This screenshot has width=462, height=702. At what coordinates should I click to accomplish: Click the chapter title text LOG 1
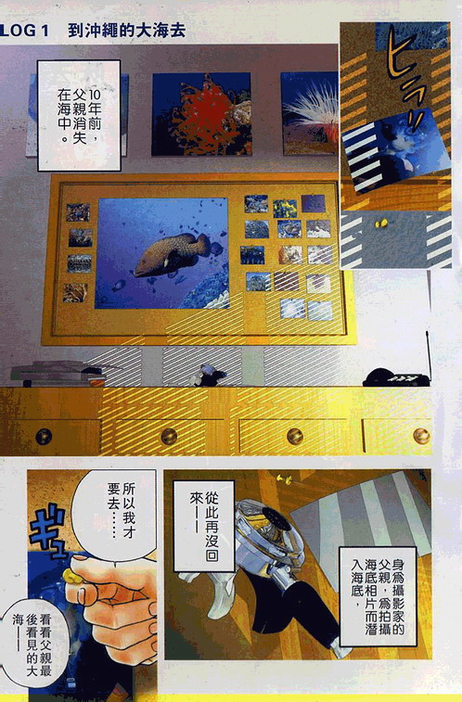[x=25, y=31]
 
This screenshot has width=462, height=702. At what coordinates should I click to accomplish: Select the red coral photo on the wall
[x=201, y=114]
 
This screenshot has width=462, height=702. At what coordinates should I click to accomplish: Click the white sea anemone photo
[x=310, y=114]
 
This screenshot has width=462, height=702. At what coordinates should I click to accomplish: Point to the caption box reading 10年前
[x=79, y=116]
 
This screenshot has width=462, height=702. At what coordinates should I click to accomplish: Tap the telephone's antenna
[x=429, y=353]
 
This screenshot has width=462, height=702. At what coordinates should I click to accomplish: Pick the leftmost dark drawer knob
[x=44, y=436]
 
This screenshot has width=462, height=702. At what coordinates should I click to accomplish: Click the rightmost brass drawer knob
[x=421, y=435]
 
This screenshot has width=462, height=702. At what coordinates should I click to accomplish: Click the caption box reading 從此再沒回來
[x=204, y=526]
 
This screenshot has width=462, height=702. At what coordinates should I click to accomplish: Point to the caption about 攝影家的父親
[x=378, y=596]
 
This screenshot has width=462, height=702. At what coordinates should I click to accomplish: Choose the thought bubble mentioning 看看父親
[x=34, y=645]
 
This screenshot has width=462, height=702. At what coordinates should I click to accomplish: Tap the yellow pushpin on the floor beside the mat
[x=284, y=479]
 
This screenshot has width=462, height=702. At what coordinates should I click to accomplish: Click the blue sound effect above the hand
[x=47, y=531]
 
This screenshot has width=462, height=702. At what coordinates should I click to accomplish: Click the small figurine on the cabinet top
[x=208, y=376]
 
